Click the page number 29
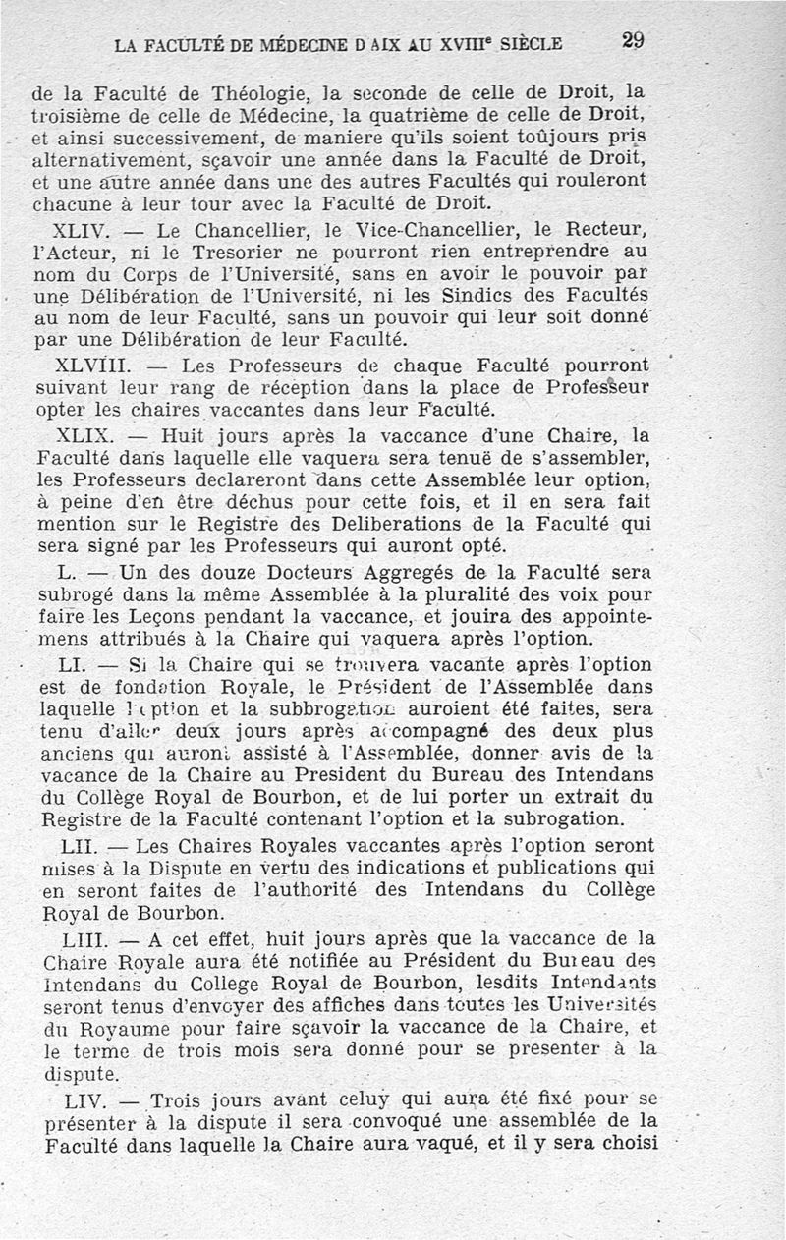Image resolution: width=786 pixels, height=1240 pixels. (x=633, y=40)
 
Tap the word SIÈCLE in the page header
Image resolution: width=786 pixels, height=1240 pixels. (x=531, y=44)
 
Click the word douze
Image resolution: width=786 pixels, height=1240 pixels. (x=200, y=572)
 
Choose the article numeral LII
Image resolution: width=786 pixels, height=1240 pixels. (x=79, y=846)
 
